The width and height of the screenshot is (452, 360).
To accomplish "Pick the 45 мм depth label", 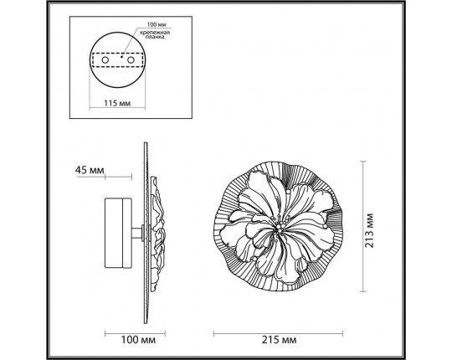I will (x=90, y=170).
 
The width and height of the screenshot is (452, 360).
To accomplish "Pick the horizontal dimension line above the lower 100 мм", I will (x=126, y=332).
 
